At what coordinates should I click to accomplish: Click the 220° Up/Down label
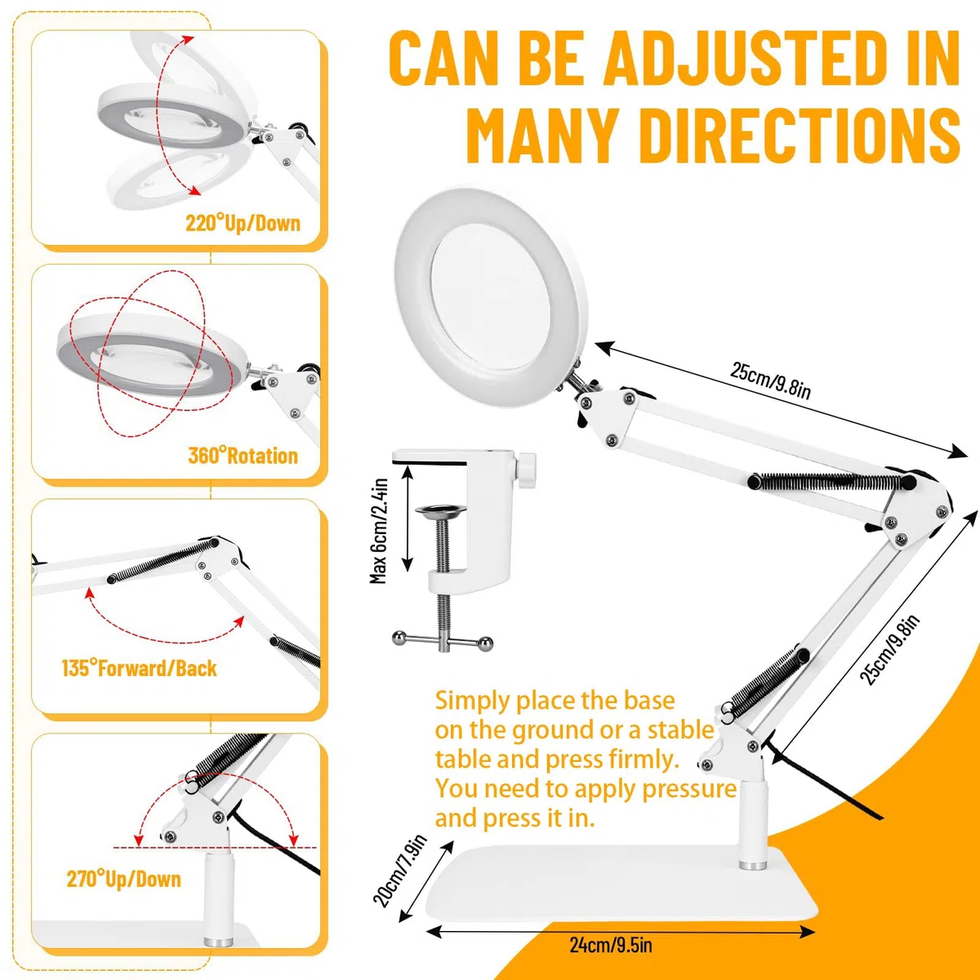tap(243, 223)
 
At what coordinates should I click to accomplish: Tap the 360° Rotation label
tap(243, 456)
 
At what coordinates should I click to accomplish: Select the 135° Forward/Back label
tap(140, 668)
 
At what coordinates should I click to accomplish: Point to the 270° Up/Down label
tap(123, 879)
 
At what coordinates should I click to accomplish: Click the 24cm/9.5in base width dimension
tap(610, 945)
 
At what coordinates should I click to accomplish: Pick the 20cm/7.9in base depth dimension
tap(399, 871)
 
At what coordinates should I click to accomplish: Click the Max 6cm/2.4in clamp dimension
tap(379, 531)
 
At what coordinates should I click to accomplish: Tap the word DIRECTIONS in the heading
tap(800, 136)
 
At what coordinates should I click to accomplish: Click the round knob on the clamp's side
tap(528, 471)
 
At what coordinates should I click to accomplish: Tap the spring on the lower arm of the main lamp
tap(767, 680)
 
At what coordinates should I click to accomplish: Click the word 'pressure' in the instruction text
tap(689, 789)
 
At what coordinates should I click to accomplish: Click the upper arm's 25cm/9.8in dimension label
tap(770, 380)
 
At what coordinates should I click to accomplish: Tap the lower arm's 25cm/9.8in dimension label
tap(889, 649)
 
